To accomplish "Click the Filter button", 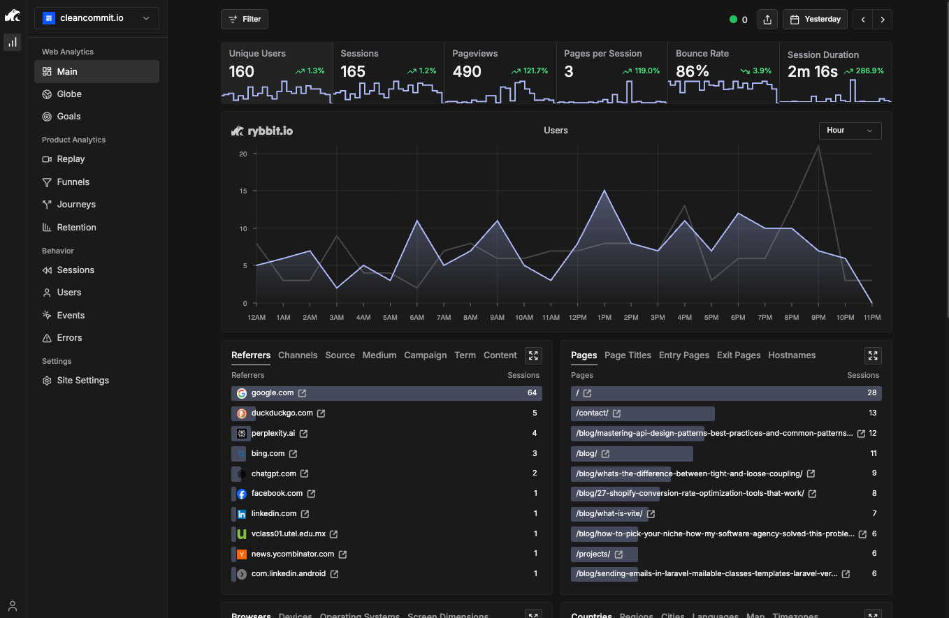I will pos(244,20).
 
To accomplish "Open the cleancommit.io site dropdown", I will pos(96,18).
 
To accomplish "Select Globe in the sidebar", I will pos(69,94).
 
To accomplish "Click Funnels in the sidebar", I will pos(73,182).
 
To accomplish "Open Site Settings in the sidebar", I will pos(82,381).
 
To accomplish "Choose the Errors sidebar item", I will pos(69,338).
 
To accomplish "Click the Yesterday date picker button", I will pos(815,20).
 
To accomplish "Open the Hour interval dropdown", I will pos(849,131).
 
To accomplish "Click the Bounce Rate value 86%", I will pos(693,71).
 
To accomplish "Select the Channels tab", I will pos(298,355).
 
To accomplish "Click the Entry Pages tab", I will pos(683,355).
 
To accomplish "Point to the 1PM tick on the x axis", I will pos(604,318).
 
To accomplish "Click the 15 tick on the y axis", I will pos(242,191).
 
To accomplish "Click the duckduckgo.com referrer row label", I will pos(282,413).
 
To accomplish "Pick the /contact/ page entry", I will pos(592,413).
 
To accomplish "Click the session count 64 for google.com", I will pos(532,393).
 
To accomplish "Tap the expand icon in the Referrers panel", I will pos(533,355).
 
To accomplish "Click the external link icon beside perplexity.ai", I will pos(303,434).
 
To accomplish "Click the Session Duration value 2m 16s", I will pos(812,71).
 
